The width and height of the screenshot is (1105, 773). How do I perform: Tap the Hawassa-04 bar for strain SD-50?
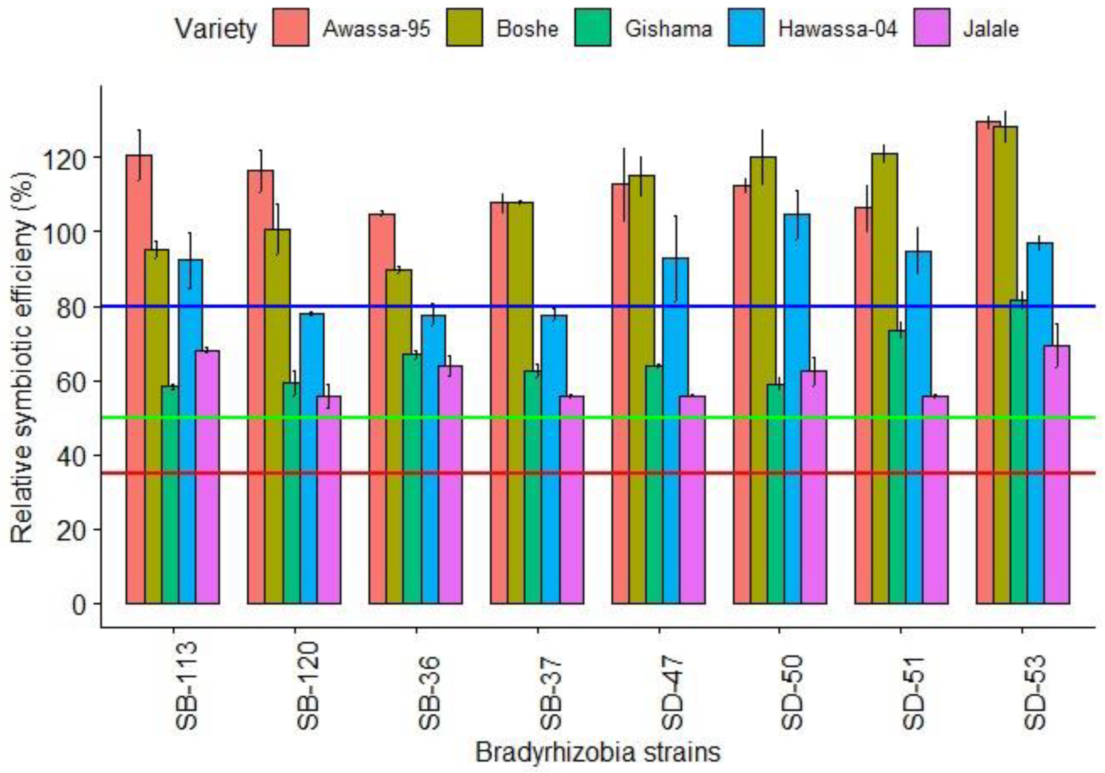[x=797, y=409]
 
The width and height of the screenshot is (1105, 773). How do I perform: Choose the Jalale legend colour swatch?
[x=932, y=27]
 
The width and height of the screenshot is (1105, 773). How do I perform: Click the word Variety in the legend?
[x=216, y=29]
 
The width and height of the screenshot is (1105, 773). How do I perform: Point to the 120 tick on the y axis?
[x=66, y=157]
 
